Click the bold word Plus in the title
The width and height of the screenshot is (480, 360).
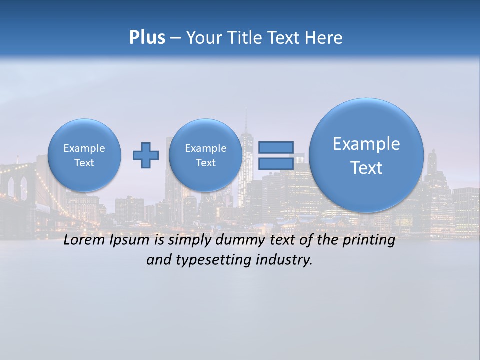tap(147, 38)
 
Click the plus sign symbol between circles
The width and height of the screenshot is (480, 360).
tap(146, 155)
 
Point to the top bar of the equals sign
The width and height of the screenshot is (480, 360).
tap(276, 147)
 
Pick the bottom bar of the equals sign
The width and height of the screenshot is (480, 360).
tap(276, 163)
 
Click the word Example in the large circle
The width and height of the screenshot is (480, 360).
tap(366, 144)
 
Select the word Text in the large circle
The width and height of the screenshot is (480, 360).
tap(366, 168)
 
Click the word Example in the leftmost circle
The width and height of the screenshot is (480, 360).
tap(84, 148)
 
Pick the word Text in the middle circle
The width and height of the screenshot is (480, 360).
tap(205, 163)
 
